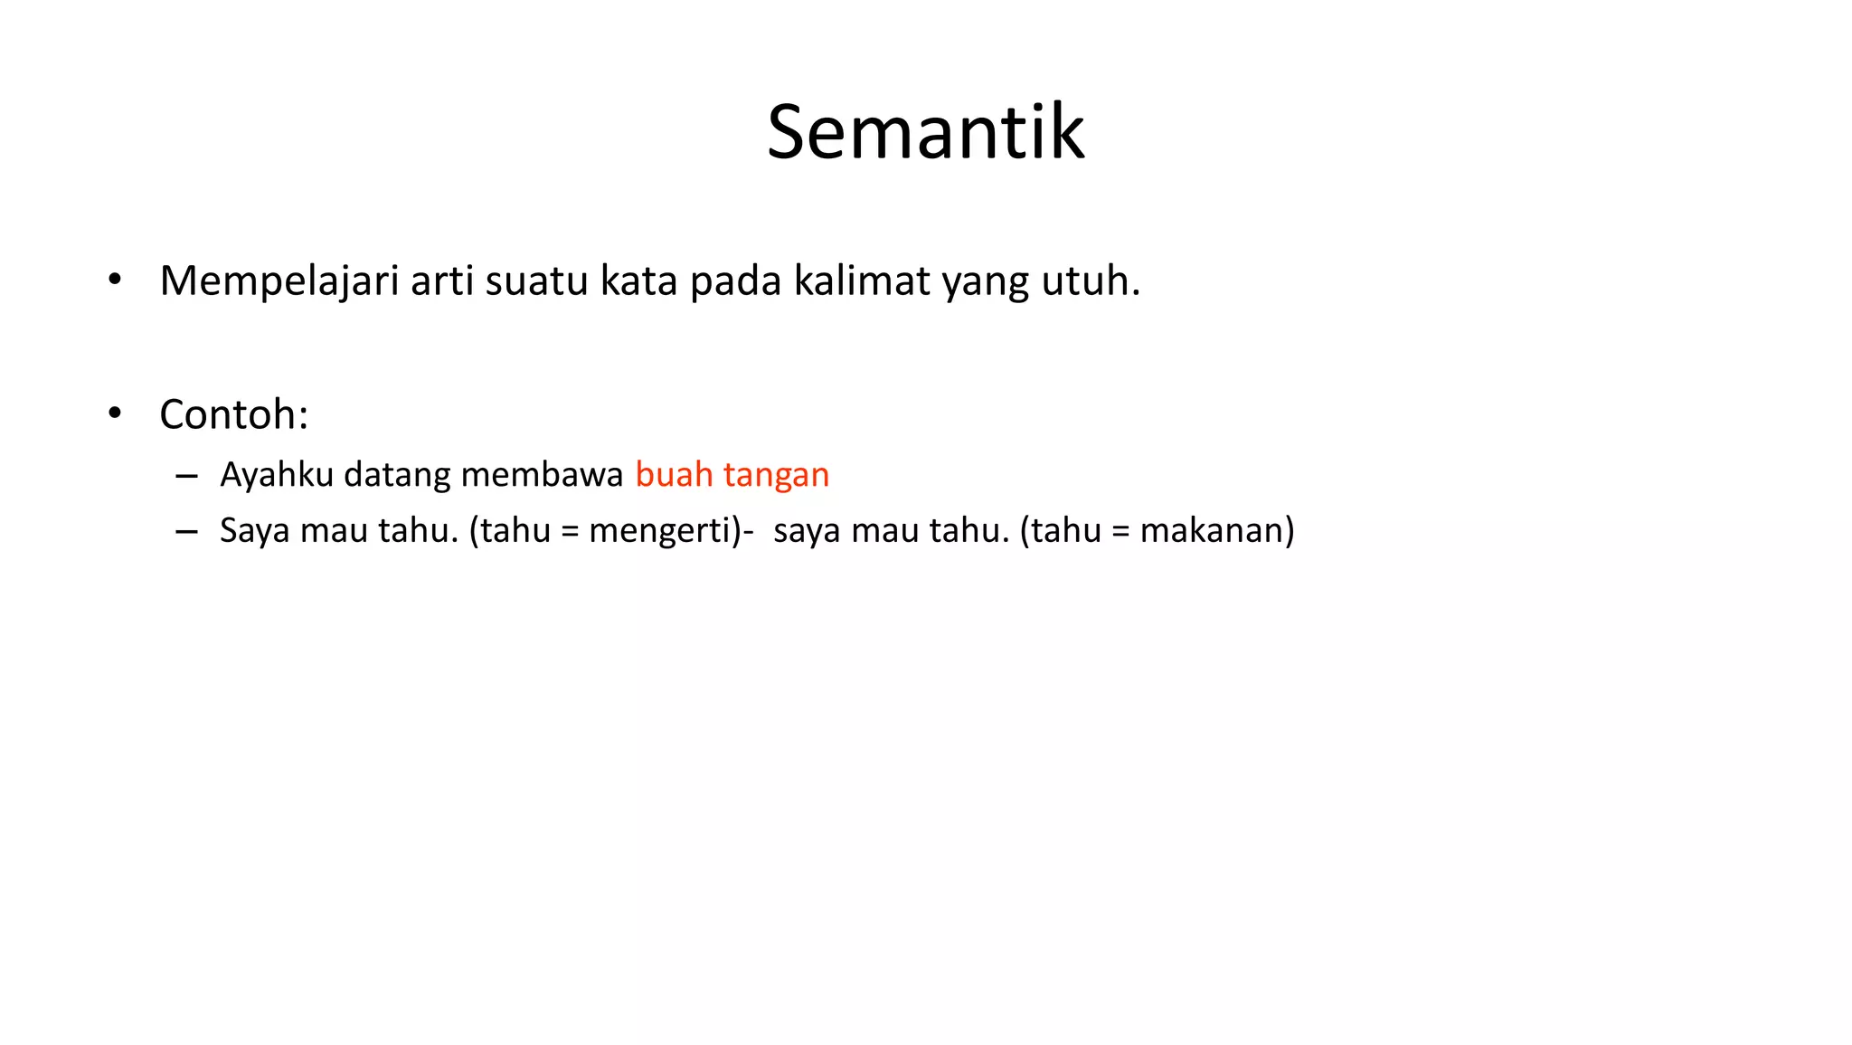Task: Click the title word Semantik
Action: pyautogui.click(x=925, y=132)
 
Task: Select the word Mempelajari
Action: pyautogui.click(x=279, y=281)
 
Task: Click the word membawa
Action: pyautogui.click(x=542, y=475)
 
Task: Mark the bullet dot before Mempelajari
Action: pyautogui.click(x=114, y=280)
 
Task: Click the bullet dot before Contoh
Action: pyautogui.click(x=114, y=413)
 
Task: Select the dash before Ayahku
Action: pyautogui.click(x=187, y=477)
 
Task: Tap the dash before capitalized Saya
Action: pyautogui.click(x=187, y=532)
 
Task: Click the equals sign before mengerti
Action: pyautogui.click(x=570, y=532)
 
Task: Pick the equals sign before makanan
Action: pyautogui.click(x=1121, y=532)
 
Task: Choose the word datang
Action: pyautogui.click(x=397, y=476)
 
